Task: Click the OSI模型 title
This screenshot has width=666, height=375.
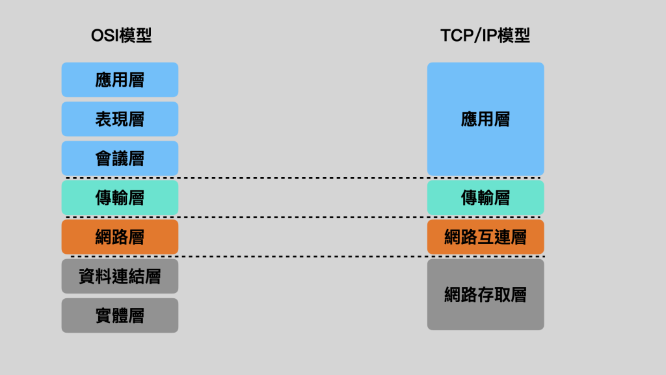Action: pos(121,35)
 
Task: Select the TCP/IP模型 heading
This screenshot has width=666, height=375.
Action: pos(485,35)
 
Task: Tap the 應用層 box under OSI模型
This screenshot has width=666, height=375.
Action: pos(120,80)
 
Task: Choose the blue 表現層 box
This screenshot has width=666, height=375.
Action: pos(120,119)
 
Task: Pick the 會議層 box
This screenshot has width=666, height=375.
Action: pos(120,158)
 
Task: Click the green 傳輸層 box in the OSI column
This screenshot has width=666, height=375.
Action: pos(120,198)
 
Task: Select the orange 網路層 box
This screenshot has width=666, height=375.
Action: pos(120,237)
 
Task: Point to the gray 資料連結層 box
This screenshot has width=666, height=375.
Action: pos(120,276)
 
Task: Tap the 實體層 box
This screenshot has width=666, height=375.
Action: pos(120,316)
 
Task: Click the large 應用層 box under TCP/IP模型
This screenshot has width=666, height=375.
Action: pos(485,119)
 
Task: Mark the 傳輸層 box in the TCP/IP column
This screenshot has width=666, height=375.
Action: pos(485,198)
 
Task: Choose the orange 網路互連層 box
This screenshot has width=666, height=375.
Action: pos(485,237)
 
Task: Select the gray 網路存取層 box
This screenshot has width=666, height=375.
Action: pos(485,295)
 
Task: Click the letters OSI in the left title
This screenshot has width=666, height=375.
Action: pos(105,35)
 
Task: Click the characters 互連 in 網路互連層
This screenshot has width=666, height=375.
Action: pos(485,237)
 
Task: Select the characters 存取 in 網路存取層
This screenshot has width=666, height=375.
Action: pos(485,295)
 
